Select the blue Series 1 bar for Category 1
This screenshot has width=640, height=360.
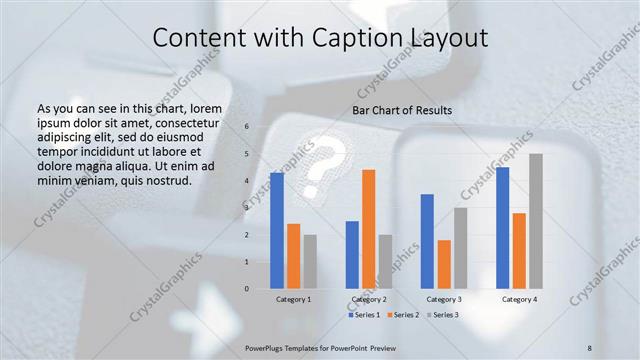tap(277, 231)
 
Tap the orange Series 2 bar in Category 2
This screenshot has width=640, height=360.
tap(369, 229)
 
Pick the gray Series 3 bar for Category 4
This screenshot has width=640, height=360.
tap(536, 221)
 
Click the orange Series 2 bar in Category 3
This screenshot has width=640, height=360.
tap(444, 264)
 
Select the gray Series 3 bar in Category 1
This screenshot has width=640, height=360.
tap(310, 262)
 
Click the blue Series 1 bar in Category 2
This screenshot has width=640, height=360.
tap(352, 255)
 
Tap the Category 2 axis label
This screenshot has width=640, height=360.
tap(369, 299)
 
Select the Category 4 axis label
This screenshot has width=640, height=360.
tap(519, 299)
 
